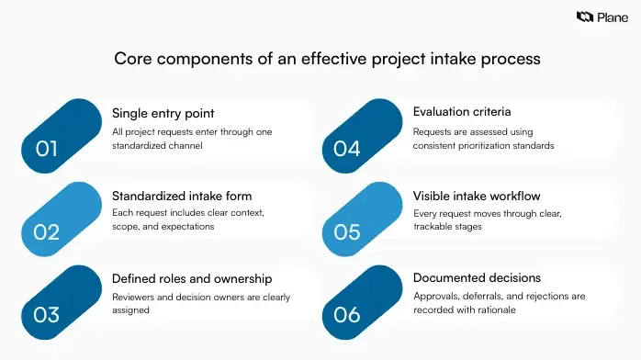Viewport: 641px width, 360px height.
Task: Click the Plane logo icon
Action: pyautogui.click(x=584, y=17)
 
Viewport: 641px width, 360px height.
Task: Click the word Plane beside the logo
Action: pyautogui.click(x=612, y=17)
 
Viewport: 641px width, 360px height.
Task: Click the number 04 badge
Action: pyautogui.click(x=346, y=148)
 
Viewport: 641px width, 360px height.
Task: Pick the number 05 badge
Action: pyautogui.click(x=346, y=231)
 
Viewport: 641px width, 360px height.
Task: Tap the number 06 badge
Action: pyautogui.click(x=346, y=315)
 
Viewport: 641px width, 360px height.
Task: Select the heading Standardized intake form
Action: pyautogui.click(x=182, y=196)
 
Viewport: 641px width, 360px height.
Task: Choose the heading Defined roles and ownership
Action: pyautogui.click(x=192, y=278)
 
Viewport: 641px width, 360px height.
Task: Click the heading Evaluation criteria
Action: pyautogui.click(x=463, y=112)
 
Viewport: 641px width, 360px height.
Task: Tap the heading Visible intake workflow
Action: pyautogui.click(x=476, y=196)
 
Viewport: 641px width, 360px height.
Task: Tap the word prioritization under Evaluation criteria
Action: pyautogui.click(x=498, y=145)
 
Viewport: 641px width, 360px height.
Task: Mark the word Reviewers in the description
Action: pyautogui.click(x=134, y=296)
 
